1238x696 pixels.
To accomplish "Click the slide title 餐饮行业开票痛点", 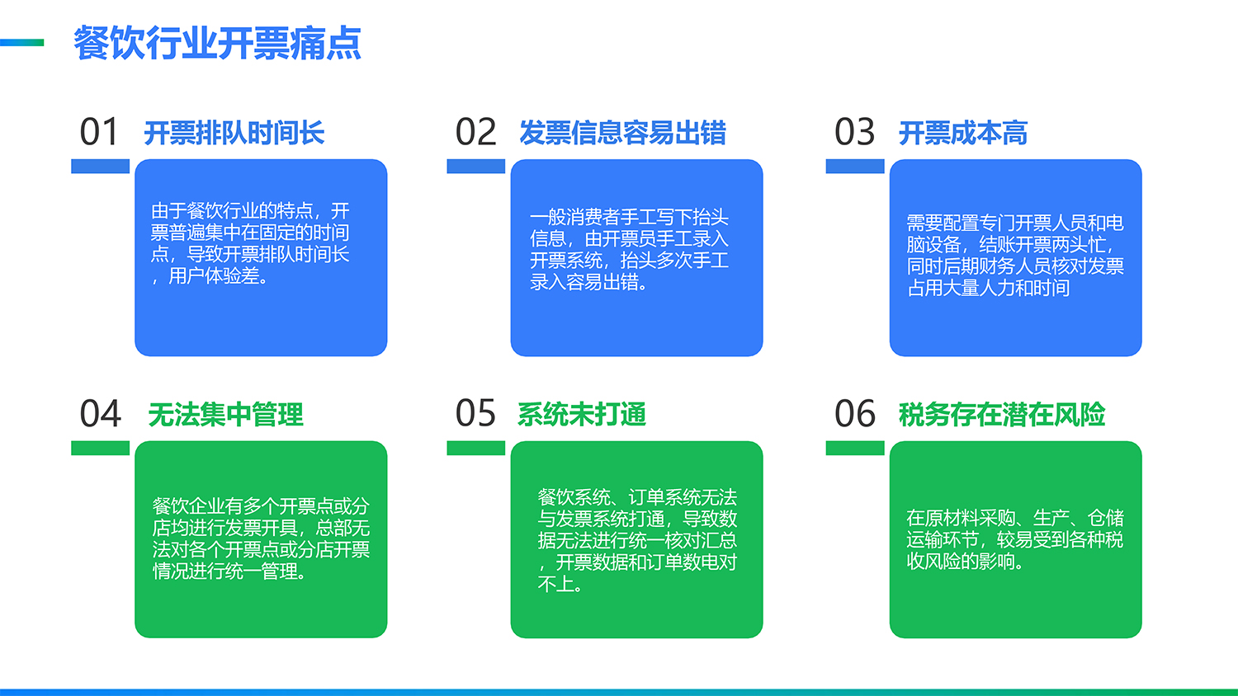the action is tap(217, 43).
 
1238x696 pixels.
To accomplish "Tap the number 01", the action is tap(100, 132).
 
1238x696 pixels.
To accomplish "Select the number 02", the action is tap(475, 132).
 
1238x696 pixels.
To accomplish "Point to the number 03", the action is tap(854, 132).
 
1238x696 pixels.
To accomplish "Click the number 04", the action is tap(100, 414).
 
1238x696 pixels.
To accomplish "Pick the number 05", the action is tap(475, 413).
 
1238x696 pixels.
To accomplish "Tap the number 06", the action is tap(855, 414).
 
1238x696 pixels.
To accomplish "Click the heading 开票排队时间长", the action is tap(234, 133).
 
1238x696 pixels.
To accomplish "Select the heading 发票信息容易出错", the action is tap(622, 133).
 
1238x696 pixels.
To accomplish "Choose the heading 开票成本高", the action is tap(963, 133).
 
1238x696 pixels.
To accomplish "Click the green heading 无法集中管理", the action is tap(225, 415).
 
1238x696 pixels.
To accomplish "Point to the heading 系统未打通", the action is tap(581, 415).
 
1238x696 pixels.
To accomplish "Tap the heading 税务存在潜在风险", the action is tap(1002, 415).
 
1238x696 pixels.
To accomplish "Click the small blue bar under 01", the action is tap(100, 167).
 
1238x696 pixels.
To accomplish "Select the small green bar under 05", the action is tap(476, 448).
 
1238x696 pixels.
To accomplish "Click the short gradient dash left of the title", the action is tap(21, 43).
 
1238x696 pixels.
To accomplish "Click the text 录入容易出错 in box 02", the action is tap(584, 282).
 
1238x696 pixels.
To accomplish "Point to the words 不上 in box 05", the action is tap(555, 584).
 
